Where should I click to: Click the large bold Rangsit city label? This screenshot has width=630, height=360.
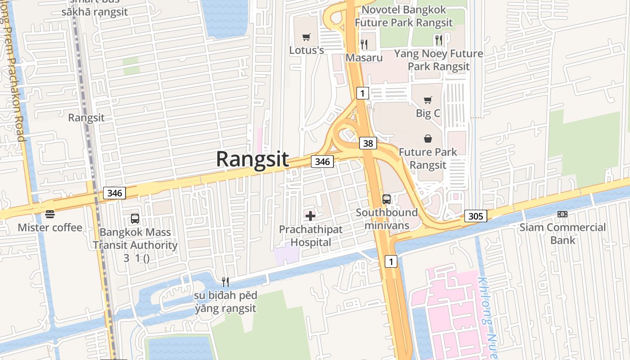pos(252,159)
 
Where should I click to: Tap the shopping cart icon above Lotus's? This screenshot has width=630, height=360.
pos(306,37)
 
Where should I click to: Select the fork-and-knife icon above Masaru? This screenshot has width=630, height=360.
pos(364,44)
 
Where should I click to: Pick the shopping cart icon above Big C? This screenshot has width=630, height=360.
pos(428,100)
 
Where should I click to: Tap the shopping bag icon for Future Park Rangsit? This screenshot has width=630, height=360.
pos(427,139)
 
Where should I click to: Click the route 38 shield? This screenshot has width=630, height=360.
pos(368,143)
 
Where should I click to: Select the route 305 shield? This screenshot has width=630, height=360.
pos(475,216)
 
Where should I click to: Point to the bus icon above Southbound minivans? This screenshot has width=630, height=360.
pos(387,199)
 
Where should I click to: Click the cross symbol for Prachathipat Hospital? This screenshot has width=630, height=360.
pos(310,216)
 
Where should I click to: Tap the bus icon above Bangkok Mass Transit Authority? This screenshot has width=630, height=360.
pos(135,219)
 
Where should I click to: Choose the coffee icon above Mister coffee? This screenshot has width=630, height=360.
pos(50,214)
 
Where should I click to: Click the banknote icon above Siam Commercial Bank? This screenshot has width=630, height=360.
pos(562,214)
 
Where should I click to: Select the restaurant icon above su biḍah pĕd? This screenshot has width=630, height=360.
pos(225,282)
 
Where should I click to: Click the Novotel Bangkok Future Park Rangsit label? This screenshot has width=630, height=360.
pos(404,16)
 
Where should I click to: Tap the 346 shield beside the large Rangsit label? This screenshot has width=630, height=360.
pos(322,162)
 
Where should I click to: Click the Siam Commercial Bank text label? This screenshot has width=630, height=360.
pos(562,234)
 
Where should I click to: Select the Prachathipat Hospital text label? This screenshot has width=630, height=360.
pos(310,236)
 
